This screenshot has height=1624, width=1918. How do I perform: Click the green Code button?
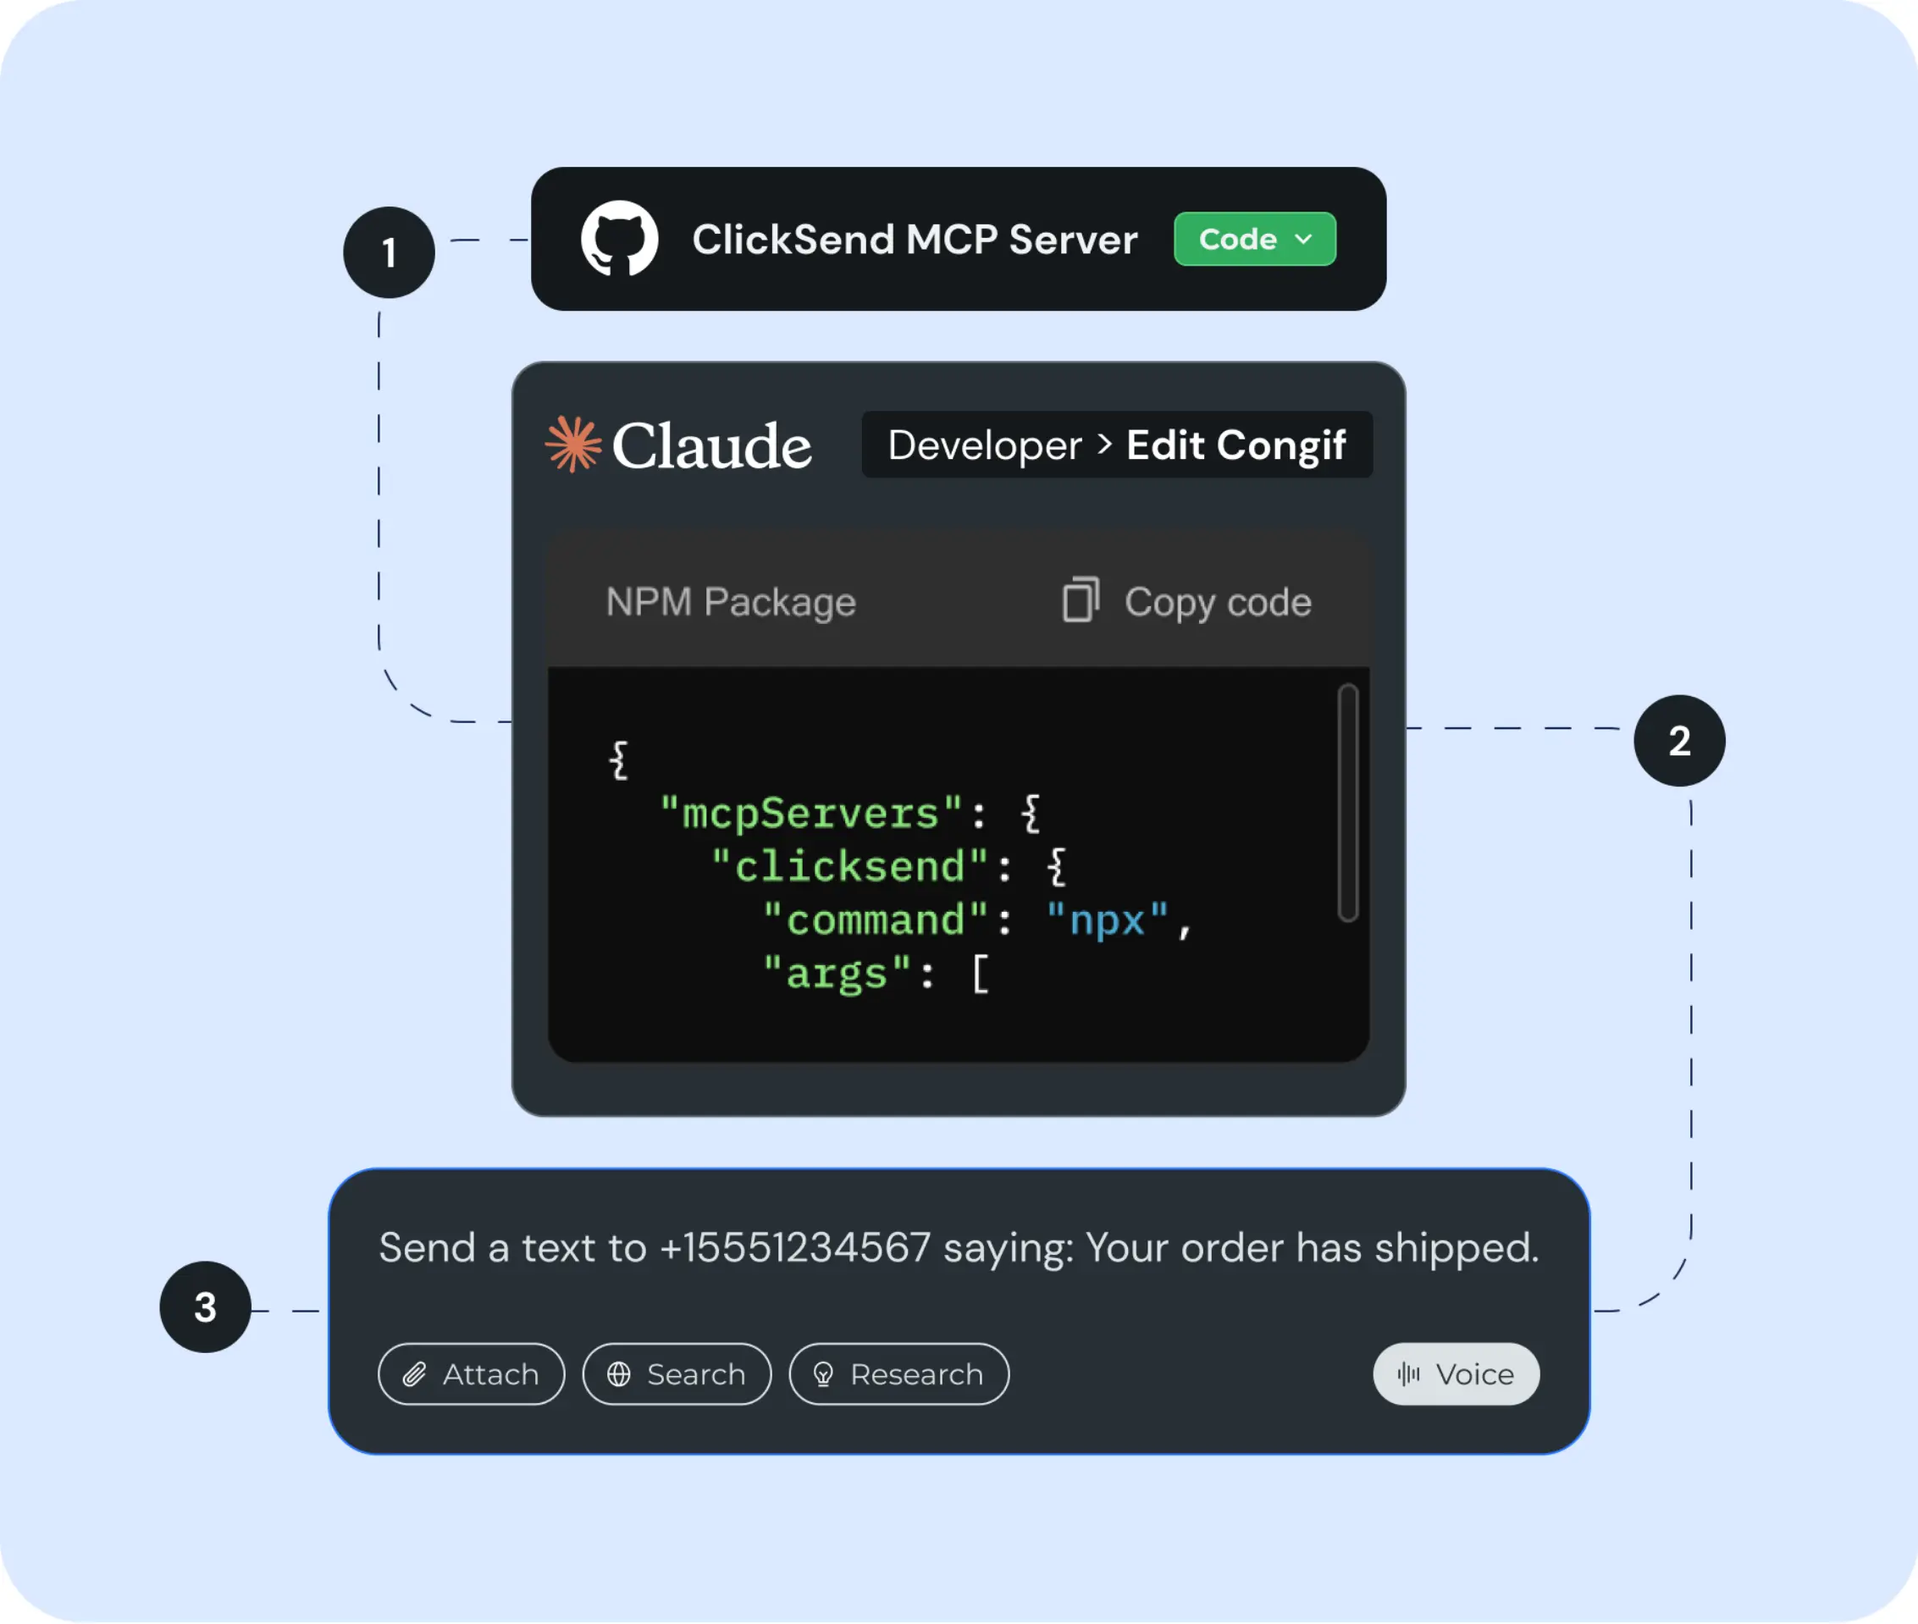point(1254,240)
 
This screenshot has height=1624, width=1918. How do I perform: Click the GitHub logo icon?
point(619,239)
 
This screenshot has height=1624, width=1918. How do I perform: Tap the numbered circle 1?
point(389,252)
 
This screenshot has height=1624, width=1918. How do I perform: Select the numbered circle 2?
point(1678,741)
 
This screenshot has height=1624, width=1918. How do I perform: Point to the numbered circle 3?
point(205,1307)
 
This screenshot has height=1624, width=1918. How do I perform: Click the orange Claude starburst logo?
point(572,445)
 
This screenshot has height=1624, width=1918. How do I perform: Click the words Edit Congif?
point(1235,445)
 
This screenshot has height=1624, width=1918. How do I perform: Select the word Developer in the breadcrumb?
point(984,445)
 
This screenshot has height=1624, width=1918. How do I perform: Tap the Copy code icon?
point(1080,600)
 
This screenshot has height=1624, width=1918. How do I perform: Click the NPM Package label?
point(730,602)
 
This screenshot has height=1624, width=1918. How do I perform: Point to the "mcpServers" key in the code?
point(811,813)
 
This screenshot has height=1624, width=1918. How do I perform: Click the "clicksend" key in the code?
point(850,866)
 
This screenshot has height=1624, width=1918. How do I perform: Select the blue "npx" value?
point(1107,920)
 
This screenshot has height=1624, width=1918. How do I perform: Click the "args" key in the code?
point(836,974)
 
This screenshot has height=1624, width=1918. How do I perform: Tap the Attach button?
point(472,1374)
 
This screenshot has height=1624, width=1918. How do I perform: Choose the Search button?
point(677,1374)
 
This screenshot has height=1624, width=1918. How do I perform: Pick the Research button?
point(898,1374)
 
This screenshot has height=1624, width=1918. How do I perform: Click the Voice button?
point(1456,1374)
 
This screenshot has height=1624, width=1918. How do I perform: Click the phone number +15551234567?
point(794,1248)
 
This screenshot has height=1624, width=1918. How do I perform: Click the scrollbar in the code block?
point(1348,802)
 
